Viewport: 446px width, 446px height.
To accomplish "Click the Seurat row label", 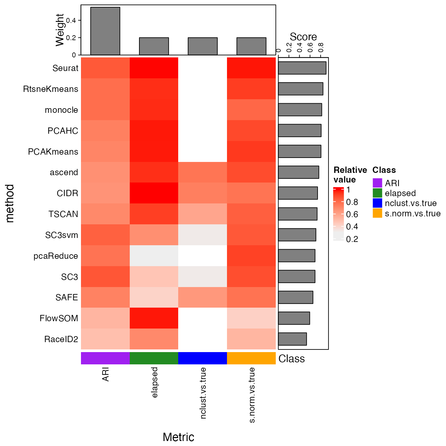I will click(65, 68).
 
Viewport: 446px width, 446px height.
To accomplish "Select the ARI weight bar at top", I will click(105, 31).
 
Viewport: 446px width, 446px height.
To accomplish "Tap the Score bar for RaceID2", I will click(292, 339).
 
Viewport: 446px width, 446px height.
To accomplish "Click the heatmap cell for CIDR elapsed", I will click(154, 193).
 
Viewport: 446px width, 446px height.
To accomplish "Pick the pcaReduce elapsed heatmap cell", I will click(154, 256).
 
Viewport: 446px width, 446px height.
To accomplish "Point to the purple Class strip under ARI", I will click(105, 358).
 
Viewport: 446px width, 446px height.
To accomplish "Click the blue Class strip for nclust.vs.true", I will click(202, 358).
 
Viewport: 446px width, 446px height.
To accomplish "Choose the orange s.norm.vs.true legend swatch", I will click(377, 213).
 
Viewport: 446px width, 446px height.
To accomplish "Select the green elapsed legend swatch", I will click(377, 193).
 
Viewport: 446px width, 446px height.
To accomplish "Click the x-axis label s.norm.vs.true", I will click(252, 395).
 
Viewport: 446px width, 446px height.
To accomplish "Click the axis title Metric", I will click(178, 437).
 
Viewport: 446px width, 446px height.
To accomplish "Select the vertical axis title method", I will click(10, 203).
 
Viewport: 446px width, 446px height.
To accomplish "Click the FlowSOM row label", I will click(59, 319).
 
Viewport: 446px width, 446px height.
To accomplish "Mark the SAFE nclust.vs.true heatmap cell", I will click(202, 297).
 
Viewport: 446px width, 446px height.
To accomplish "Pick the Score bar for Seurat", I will click(302, 68).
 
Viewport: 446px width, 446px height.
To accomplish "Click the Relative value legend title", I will click(350, 175).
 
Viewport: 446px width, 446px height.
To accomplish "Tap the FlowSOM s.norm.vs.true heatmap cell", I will click(251, 318).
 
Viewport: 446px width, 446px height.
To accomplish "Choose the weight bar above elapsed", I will click(154, 46).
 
